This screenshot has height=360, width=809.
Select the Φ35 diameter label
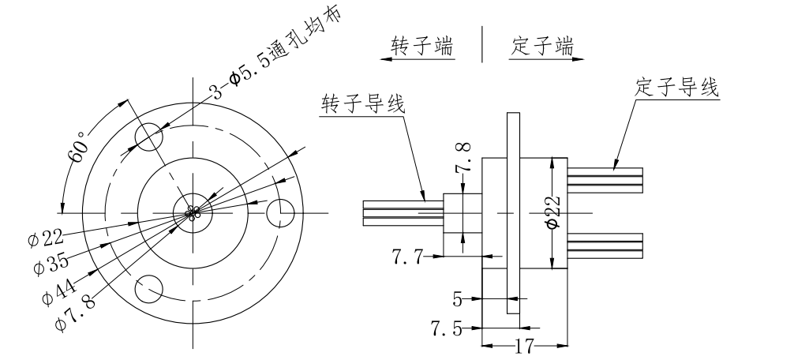point(50,264)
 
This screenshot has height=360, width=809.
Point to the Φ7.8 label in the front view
point(73,310)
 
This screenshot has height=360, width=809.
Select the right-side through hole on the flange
point(281,213)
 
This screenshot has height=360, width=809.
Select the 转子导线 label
point(363,104)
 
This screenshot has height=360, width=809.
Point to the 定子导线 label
point(677,87)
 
